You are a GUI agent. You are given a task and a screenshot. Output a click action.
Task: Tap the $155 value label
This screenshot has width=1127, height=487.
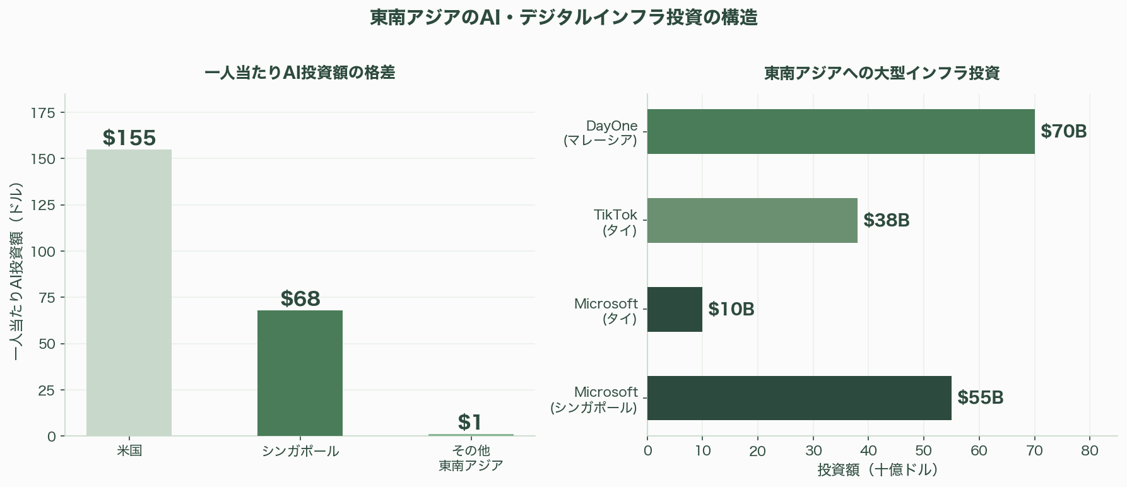click(x=129, y=138)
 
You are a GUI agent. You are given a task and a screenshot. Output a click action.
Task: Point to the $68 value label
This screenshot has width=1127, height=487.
click(x=300, y=298)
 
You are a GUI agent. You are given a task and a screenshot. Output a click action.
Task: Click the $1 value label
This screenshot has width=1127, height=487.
click(x=470, y=422)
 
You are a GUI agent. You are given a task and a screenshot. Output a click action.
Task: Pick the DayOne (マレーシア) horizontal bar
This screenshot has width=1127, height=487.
click(x=841, y=131)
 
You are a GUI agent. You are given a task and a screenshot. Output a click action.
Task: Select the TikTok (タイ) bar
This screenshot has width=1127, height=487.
click(x=752, y=220)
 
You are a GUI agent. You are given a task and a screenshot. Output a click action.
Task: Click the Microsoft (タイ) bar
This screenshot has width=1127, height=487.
click(x=675, y=309)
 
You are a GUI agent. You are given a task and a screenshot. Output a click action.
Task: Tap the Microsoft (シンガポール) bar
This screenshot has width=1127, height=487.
click(x=799, y=398)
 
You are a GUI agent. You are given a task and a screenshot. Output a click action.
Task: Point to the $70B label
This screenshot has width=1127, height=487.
click(x=1063, y=131)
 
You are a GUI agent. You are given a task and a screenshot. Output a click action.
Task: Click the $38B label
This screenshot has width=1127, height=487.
click(x=886, y=220)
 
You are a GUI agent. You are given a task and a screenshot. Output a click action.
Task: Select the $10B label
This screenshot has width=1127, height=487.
click(x=731, y=309)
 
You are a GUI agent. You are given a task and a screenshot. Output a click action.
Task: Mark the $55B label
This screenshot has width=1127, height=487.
click(x=980, y=397)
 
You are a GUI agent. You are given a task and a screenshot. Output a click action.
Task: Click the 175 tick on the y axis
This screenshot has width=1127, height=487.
click(x=43, y=113)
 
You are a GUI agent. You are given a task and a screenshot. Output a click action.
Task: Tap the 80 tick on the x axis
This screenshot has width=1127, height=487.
click(x=1090, y=450)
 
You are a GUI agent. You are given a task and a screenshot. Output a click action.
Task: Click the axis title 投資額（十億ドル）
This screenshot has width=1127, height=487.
click(x=878, y=470)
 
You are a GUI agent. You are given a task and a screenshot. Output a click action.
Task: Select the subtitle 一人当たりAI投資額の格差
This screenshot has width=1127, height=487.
click(x=300, y=73)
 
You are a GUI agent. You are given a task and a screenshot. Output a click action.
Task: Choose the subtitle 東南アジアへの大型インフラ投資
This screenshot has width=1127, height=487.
click(x=882, y=73)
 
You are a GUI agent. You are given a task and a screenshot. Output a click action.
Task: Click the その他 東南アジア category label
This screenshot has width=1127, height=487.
click(x=471, y=458)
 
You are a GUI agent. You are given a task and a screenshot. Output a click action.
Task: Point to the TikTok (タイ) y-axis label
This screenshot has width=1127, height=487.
click(x=615, y=222)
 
